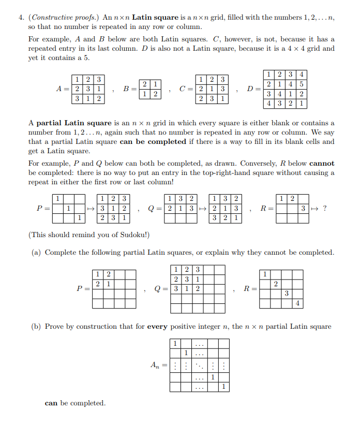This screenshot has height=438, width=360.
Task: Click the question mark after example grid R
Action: [324, 209]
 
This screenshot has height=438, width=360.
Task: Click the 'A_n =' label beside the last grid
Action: [157, 365]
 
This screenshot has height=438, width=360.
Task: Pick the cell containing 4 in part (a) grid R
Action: [298, 303]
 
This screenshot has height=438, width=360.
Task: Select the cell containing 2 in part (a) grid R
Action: [275, 284]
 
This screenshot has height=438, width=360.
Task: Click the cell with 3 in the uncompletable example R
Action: [304, 209]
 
